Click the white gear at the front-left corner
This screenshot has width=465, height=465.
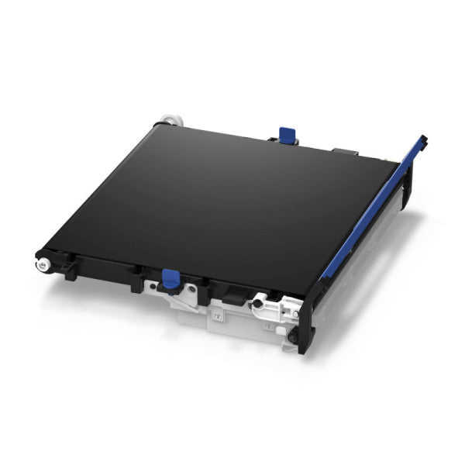[x=40, y=264]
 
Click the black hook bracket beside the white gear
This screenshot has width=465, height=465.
[x=68, y=269]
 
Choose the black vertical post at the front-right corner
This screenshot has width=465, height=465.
[x=308, y=325]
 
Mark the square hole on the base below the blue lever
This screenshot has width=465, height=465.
[x=218, y=316]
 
